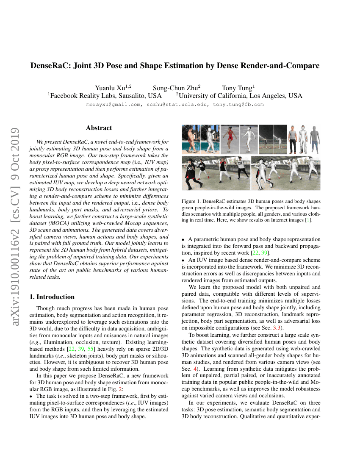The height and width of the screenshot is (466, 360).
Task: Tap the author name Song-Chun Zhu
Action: coord(175,88)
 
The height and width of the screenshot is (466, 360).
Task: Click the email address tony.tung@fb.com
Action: coord(238,104)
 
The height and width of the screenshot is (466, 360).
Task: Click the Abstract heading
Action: coord(99,128)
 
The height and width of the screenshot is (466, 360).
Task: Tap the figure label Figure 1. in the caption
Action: coord(192,201)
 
